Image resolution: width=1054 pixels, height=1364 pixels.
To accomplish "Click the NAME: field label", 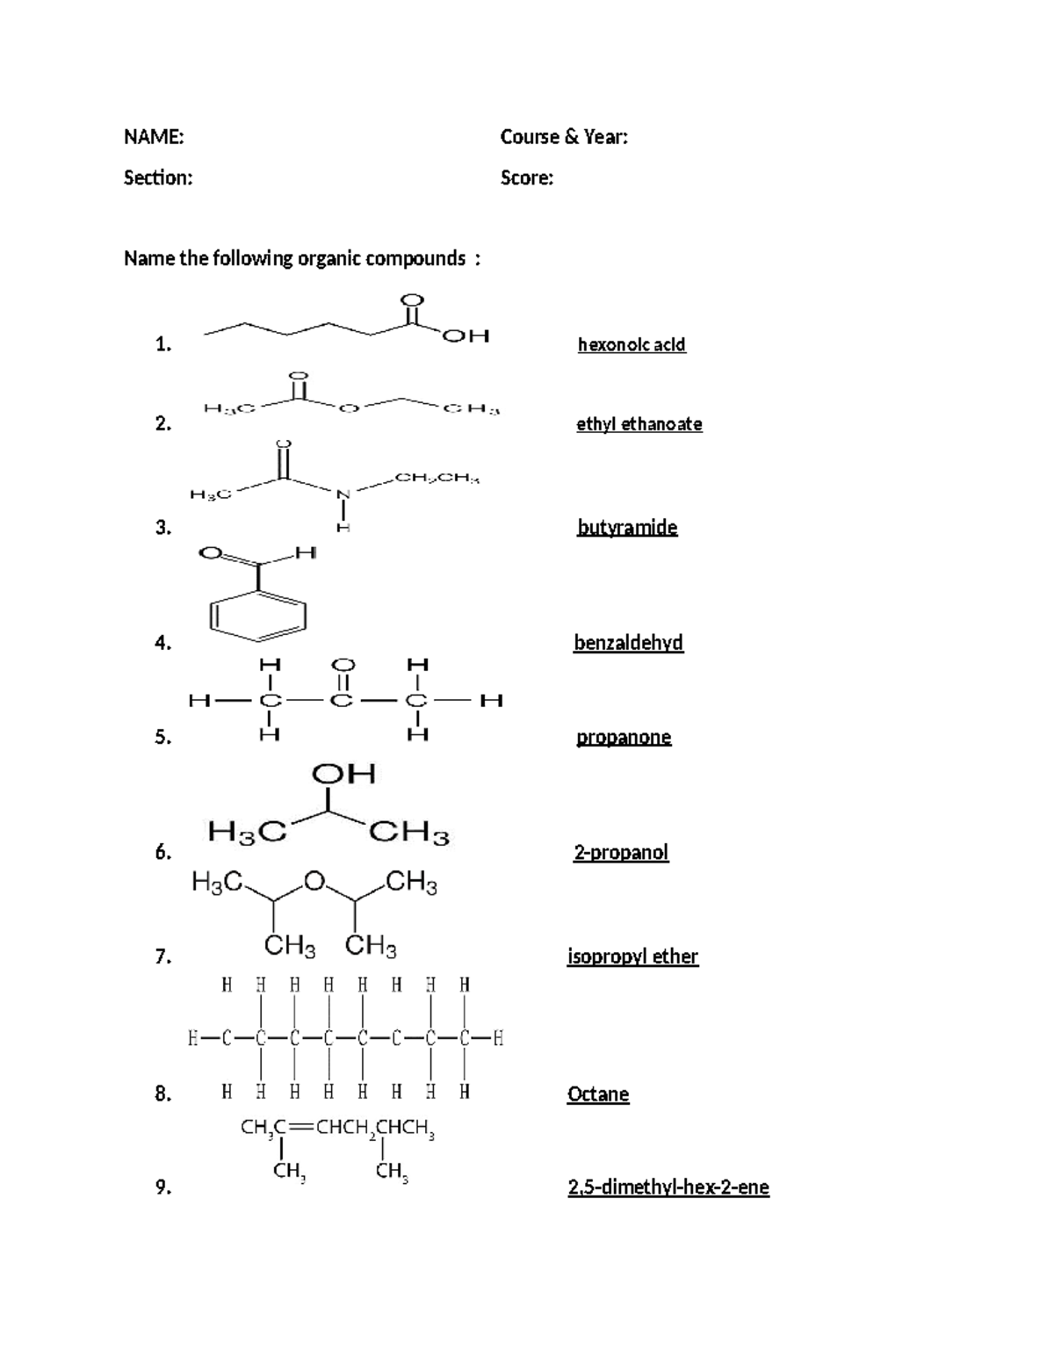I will point(154,137).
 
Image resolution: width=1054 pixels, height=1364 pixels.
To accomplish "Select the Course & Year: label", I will point(564,137).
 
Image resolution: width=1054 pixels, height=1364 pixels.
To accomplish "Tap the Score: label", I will point(527,178).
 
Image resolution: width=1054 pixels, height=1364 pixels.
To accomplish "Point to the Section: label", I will point(158,178).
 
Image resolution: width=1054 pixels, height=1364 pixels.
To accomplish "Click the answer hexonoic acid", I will point(632,344).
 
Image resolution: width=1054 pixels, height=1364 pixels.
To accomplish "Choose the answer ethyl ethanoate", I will point(639,424).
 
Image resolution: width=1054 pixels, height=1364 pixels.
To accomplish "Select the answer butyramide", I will point(627,527).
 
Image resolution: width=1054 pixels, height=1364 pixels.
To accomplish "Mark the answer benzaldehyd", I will point(628,643).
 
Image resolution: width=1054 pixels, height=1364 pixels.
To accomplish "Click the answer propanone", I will point(624,737).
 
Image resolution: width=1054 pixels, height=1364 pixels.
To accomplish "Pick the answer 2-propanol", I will point(621,852).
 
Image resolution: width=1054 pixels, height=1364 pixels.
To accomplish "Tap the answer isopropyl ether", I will point(633,956).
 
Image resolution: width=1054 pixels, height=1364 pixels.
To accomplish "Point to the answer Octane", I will point(598,1094).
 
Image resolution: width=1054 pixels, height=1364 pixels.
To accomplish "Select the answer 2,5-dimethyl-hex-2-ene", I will point(668,1187).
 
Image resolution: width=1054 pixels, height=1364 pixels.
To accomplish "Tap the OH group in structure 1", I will point(466,336).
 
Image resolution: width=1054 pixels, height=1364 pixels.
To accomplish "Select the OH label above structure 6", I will point(343,774).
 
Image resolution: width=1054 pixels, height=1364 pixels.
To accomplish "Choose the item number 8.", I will point(162,1094).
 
